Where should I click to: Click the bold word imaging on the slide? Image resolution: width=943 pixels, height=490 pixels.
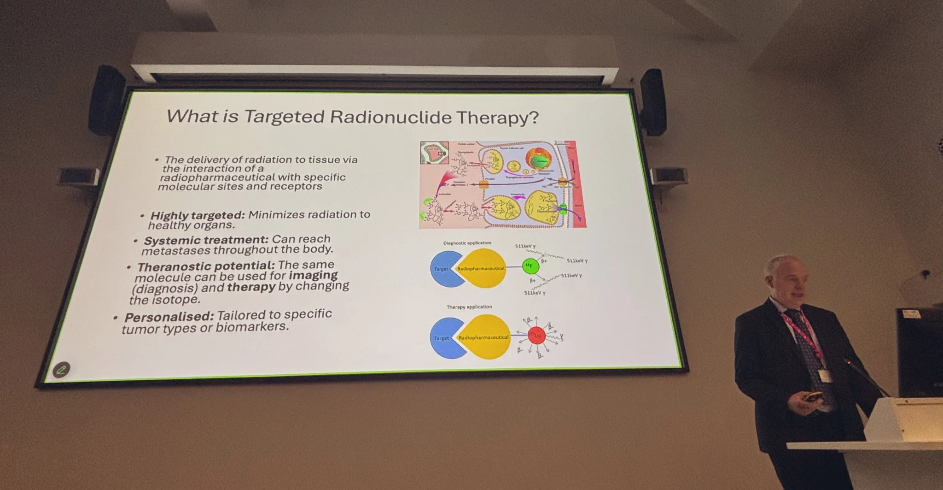[x=313, y=275]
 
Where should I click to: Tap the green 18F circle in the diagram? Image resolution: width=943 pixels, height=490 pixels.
[x=530, y=266]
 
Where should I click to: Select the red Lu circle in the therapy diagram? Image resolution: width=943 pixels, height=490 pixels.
[x=536, y=336]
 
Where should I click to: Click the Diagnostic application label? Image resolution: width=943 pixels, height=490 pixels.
[x=467, y=243]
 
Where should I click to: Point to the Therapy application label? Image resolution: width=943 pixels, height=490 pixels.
[x=469, y=307]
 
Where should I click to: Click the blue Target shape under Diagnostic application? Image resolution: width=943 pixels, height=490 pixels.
[x=442, y=269]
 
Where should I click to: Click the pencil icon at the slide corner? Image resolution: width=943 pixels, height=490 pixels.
[x=61, y=369]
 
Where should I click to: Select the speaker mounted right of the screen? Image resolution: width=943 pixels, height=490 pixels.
[x=652, y=101]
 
